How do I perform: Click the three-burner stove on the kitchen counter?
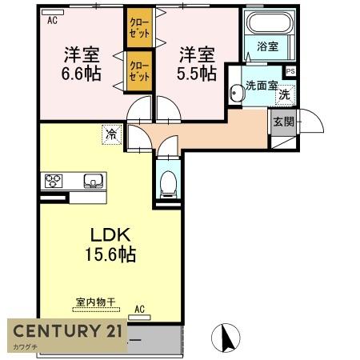(x=54, y=181)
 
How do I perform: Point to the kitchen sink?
(x=93, y=181)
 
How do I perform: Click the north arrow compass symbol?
(x=226, y=338)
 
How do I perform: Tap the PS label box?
(x=290, y=71)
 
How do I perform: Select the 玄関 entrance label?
(x=284, y=122)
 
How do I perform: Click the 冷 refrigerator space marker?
(x=111, y=134)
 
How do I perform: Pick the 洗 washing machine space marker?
(x=285, y=94)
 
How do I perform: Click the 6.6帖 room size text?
(x=81, y=74)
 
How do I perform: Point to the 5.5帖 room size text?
(x=197, y=74)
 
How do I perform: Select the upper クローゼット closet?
(x=139, y=27)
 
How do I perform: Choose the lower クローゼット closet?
(x=139, y=71)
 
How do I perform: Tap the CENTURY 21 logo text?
(x=67, y=330)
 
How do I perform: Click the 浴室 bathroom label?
(x=267, y=46)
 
